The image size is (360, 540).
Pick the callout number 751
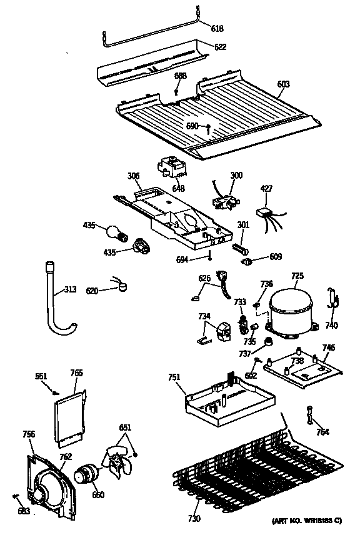[174, 377]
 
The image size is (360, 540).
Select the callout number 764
[322, 432]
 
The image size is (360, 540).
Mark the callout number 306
[133, 177]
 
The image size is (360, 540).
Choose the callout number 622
[220, 47]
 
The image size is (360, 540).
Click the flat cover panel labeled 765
[68, 417]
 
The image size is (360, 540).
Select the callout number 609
[276, 257]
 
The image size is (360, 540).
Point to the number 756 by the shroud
[29, 434]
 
